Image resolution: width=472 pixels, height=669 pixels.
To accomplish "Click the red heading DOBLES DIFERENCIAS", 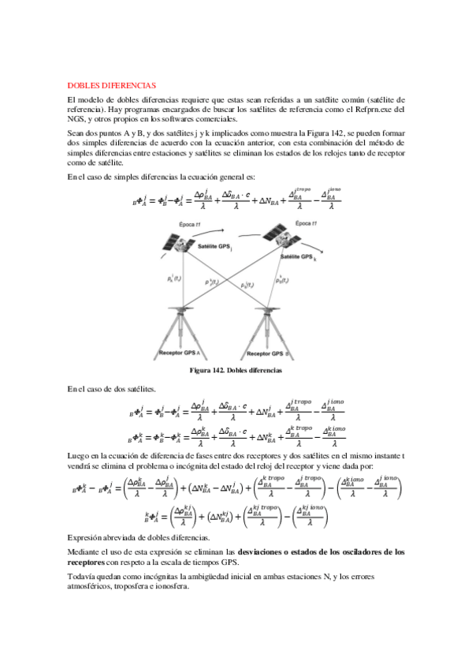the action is pyautogui.click(x=111, y=84).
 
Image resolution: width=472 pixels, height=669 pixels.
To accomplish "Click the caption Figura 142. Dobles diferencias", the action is pyautogui.click(x=236, y=370).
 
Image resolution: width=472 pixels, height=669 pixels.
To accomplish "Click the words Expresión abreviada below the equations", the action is pyautogui.click(x=101, y=536).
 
